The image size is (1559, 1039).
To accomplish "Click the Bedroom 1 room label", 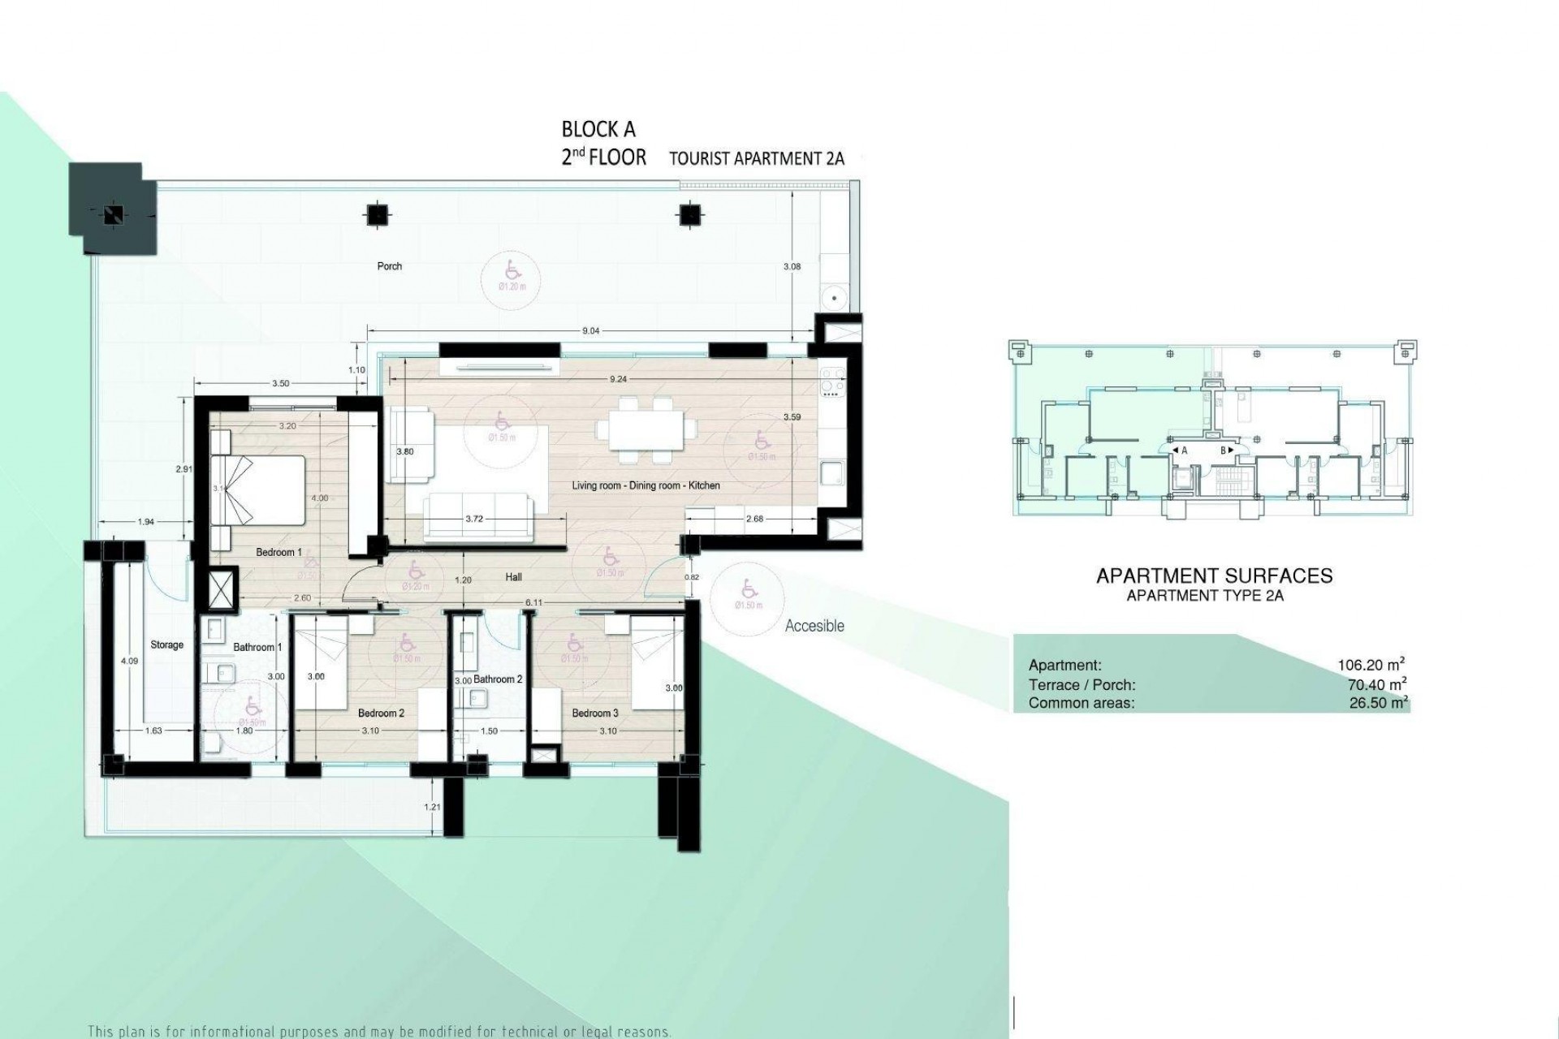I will point(279,553).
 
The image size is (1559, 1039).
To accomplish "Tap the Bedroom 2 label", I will point(381,714).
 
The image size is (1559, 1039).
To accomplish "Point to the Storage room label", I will point(166,645).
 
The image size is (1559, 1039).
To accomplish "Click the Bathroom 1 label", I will point(257,648).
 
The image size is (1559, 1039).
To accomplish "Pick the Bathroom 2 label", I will point(498,679).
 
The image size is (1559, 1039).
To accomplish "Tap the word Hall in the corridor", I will point(512,578).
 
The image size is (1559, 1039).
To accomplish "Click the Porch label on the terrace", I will point(390,266).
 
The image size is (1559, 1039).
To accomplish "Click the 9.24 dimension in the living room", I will point(618,379).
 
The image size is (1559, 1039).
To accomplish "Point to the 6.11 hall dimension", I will point(533,603).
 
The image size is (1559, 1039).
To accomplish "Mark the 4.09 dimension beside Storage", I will point(129,662).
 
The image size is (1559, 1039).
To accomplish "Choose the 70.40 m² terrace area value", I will point(1376,684).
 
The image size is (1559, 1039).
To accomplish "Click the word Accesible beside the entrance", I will point(814,626).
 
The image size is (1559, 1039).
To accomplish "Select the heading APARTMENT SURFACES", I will point(1214,576).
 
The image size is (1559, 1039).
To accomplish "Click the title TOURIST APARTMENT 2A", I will point(756,159).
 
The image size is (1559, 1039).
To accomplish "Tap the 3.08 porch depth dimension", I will point(792,266).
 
